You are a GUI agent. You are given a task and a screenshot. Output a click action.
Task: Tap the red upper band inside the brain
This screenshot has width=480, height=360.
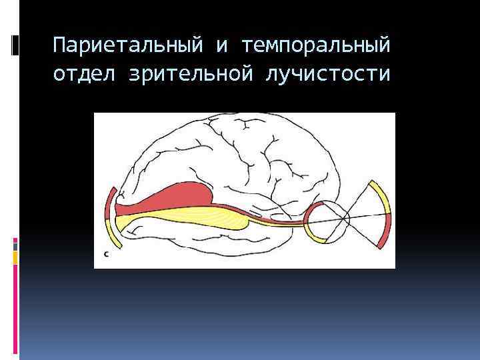(x=180, y=197)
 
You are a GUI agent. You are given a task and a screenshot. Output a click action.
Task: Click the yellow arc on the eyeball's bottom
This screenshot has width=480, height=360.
(x=319, y=238)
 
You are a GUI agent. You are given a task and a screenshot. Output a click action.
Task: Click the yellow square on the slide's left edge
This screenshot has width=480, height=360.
(x=15, y=257)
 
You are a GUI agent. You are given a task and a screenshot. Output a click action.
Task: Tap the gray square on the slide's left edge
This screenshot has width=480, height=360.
(x=15, y=245)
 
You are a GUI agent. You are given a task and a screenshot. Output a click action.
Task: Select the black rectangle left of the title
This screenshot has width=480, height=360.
(x=15, y=45)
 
